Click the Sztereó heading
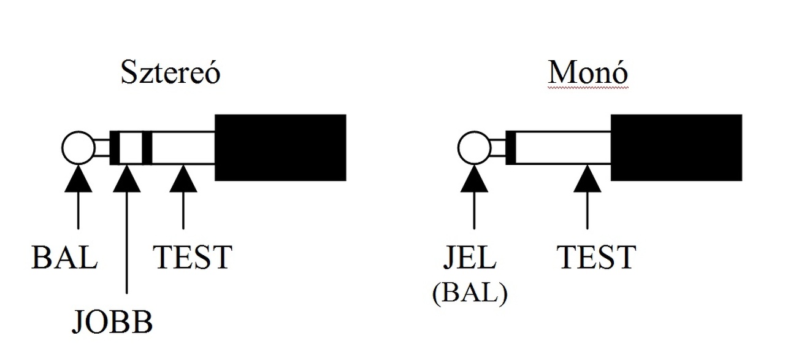point(170,73)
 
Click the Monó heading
point(588,73)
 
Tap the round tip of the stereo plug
point(78,148)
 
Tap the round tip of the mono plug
point(474,148)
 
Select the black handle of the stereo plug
point(280,147)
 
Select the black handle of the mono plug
point(676,147)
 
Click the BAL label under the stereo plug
point(64,258)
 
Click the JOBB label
point(112,321)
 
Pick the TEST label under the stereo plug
point(193,258)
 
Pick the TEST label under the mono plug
point(596,258)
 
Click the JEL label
point(470,258)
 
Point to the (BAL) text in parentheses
point(470,295)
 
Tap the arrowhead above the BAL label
point(78,178)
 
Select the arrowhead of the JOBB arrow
point(126,178)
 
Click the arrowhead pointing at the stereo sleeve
point(183,178)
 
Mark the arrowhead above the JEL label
point(474,178)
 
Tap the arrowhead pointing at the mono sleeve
point(588,178)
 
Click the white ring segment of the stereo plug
point(130,148)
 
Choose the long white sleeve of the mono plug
point(563,148)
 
